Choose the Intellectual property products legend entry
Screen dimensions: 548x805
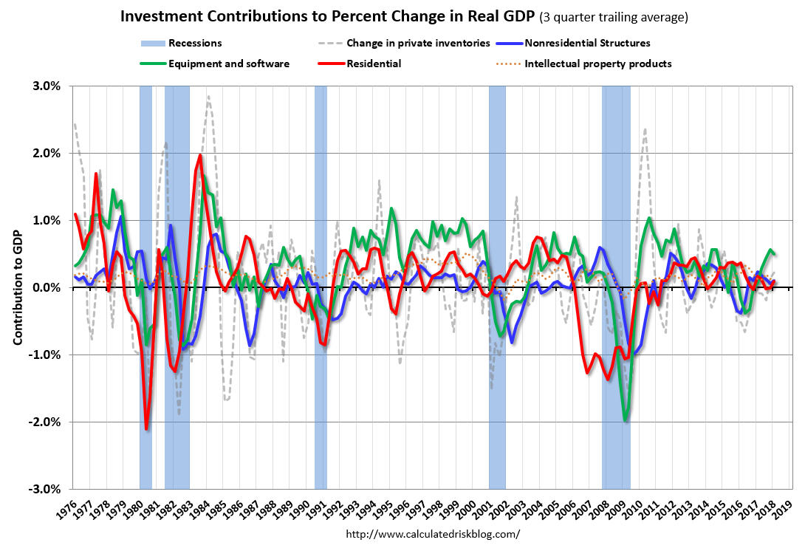coord(597,64)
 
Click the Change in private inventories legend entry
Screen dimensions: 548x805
coord(418,44)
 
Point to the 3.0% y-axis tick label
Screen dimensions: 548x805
coord(47,86)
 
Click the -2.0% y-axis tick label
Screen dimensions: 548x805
coord(45,422)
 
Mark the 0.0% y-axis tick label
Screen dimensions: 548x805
coord(47,287)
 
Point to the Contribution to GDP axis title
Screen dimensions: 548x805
coord(18,287)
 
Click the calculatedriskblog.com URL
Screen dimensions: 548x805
coord(432,534)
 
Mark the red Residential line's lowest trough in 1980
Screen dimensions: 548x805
coord(146,429)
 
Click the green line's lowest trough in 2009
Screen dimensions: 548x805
coord(626,421)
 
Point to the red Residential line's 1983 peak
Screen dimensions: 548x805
coord(200,155)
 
